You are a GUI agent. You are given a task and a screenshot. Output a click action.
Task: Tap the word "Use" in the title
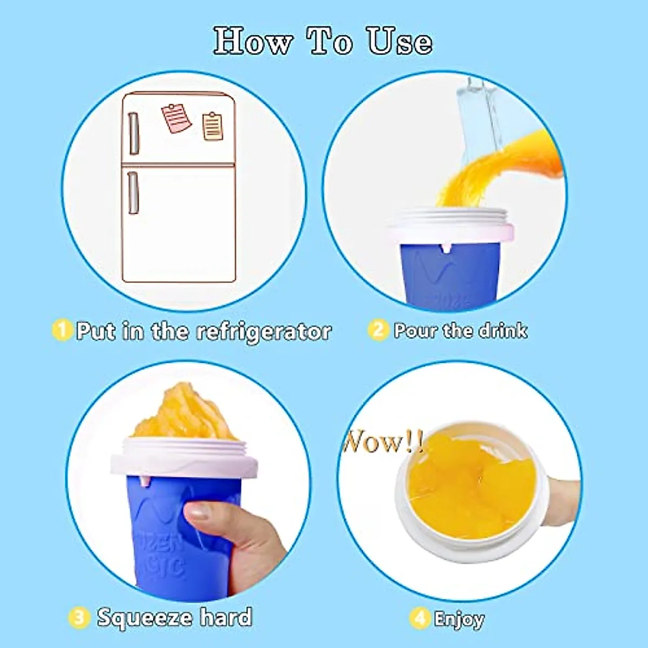click(400, 41)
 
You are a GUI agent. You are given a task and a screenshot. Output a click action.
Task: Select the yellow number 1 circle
click(62, 329)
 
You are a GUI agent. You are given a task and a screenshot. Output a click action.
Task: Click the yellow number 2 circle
click(378, 329)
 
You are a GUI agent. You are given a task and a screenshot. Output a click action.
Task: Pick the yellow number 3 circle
click(79, 617)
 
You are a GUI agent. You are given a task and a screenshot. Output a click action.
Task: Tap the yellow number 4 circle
click(420, 618)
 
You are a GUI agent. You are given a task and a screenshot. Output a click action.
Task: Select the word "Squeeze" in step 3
click(144, 617)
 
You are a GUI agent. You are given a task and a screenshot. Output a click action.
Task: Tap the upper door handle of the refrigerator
click(133, 133)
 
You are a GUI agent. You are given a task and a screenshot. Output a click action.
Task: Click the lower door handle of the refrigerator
click(133, 192)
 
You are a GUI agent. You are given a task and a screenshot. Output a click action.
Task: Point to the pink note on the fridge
click(177, 118)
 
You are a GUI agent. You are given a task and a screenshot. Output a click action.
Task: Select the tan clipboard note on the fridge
click(213, 126)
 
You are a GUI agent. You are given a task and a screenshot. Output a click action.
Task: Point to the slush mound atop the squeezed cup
click(184, 413)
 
